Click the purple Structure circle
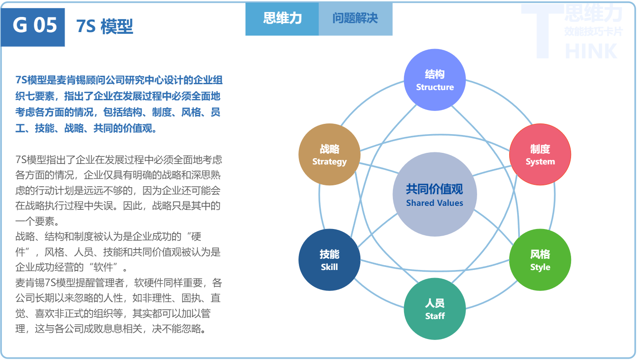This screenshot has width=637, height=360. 435,80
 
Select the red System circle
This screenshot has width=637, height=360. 540,155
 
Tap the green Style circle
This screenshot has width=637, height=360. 540,260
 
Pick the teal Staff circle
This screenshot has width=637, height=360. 435,309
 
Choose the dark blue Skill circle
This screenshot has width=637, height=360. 329,260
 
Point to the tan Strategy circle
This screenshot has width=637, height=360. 329,155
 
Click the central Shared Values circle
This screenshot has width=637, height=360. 435,195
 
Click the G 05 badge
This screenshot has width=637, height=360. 33,25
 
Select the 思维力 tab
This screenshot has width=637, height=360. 282,19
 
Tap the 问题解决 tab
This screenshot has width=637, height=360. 355,19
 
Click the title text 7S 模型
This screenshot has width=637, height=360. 105,26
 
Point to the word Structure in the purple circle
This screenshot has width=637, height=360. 435,87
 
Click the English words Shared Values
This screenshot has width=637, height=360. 435,203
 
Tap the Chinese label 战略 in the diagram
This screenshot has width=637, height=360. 329,149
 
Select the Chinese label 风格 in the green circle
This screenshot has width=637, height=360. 540,254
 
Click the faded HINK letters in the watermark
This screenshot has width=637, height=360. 591,51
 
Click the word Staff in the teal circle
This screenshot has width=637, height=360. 435,316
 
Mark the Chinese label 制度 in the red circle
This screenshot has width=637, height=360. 540,149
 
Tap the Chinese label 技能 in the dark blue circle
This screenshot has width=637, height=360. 329,254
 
